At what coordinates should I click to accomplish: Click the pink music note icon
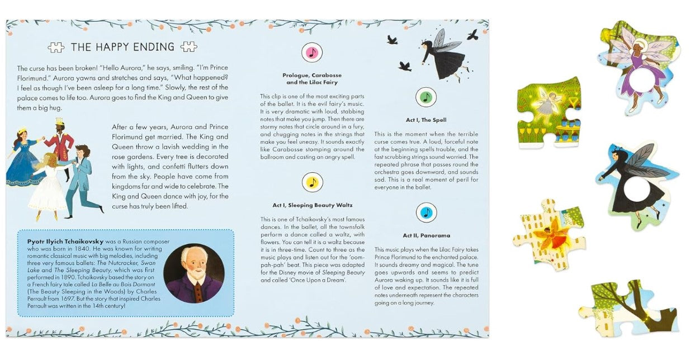[312, 53]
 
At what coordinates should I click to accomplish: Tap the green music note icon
[426, 98]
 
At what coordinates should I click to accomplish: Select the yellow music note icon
[312, 182]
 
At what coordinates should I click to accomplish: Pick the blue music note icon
[426, 213]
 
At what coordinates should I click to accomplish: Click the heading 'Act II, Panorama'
[426, 235]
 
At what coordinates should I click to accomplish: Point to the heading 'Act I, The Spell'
[426, 120]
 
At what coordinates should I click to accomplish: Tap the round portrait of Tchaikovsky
[193, 273]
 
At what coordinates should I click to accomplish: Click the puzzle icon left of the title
[56, 48]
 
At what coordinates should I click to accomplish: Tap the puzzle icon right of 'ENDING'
[188, 47]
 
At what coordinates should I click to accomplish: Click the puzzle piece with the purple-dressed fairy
[639, 65]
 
